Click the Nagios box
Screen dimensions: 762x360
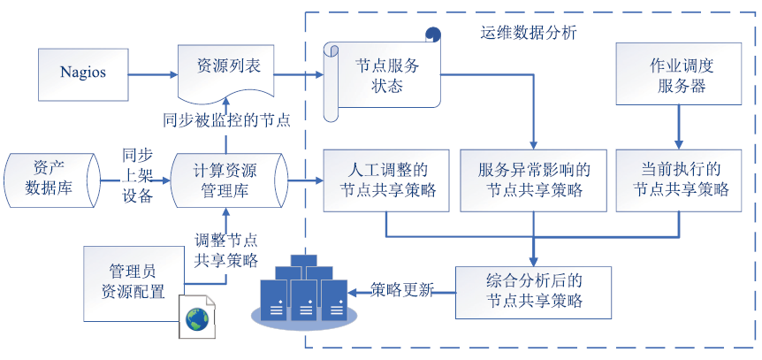click(x=83, y=74)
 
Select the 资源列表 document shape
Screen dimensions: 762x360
click(x=225, y=72)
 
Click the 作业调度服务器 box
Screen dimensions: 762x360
click(x=679, y=73)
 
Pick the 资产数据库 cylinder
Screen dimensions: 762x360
click(x=51, y=181)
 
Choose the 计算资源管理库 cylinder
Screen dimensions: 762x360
click(x=229, y=181)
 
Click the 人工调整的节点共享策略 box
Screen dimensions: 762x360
click(x=387, y=180)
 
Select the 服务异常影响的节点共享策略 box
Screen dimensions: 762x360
click(x=534, y=180)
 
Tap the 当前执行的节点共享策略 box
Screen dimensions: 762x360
click(x=679, y=180)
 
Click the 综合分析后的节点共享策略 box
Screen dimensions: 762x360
click(x=533, y=292)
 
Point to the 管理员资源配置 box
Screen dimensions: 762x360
click(x=133, y=283)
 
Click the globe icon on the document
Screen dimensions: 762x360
click(x=197, y=318)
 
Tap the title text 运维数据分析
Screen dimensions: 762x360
click(x=529, y=33)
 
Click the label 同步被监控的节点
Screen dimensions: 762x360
click(x=226, y=119)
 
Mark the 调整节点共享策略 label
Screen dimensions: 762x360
click(x=226, y=250)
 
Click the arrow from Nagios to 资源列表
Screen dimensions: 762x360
click(x=153, y=74)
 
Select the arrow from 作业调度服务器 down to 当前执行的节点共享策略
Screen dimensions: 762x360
click(x=679, y=127)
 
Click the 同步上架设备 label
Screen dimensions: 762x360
click(x=138, y=176)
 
